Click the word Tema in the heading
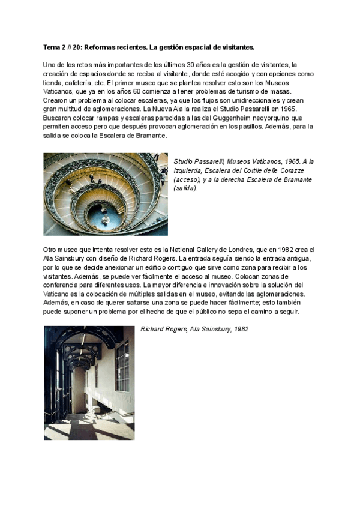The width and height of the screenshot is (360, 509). (x=51, y=46)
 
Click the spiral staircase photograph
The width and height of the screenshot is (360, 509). (x=106, y=194)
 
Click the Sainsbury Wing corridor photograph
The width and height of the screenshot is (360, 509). (x=89, y=382)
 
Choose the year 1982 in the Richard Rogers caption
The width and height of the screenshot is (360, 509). (x=241, y=329)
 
